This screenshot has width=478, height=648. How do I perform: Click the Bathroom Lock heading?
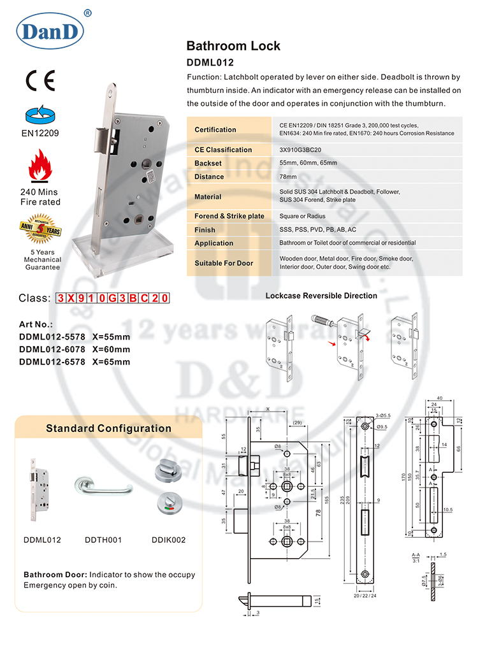pos(233,46)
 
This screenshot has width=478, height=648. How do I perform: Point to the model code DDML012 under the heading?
pos(210,62)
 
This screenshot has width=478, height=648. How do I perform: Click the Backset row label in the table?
pos(209,163)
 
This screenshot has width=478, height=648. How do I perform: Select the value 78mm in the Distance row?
pos(288,176)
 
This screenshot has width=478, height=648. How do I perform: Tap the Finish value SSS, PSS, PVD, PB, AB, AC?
pos(317,229)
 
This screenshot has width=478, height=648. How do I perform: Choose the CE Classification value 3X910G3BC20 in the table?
pos(302,150)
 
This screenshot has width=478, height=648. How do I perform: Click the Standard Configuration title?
pos(108,428)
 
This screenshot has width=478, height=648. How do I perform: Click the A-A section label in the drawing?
pos(415,555)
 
